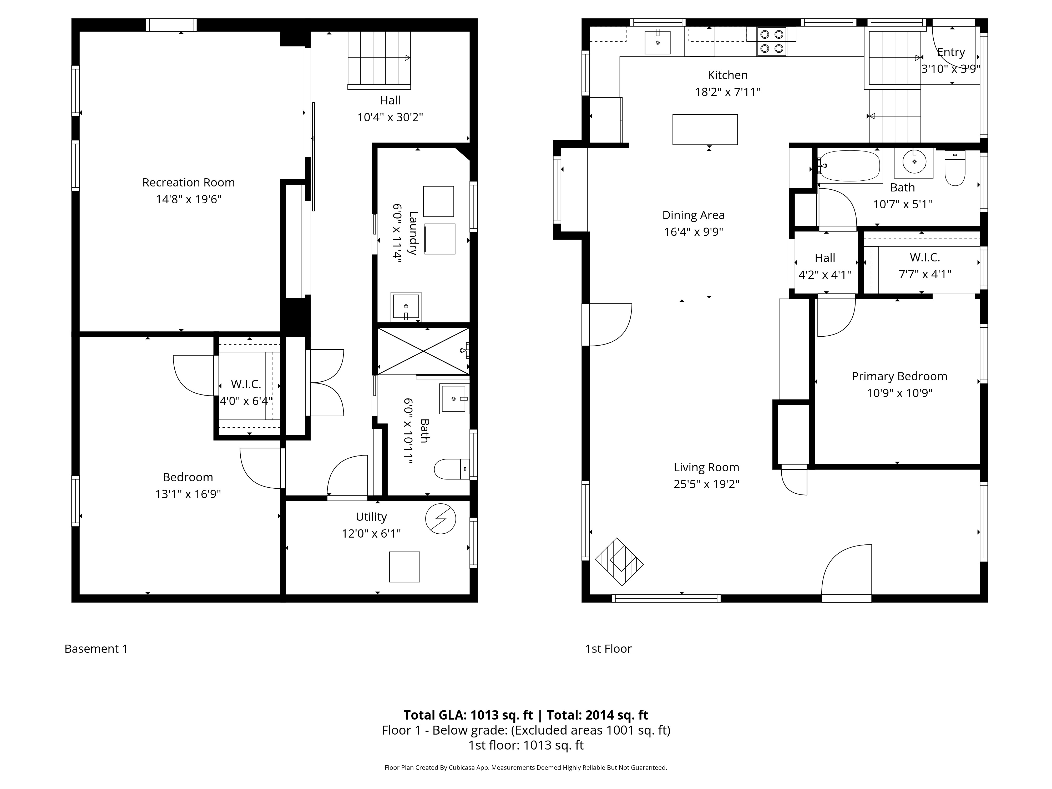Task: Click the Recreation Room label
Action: pos(188,183)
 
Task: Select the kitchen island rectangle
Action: pos(705,129)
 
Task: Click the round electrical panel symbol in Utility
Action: pos(441,518)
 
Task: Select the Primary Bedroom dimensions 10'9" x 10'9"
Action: pos(899,393)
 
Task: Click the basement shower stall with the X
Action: pos(423,351)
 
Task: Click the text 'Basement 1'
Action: pos(96,649)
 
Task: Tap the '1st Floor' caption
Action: pos(608,649)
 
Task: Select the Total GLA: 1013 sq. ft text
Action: pos(468,715)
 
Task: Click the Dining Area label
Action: pos(694,215)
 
